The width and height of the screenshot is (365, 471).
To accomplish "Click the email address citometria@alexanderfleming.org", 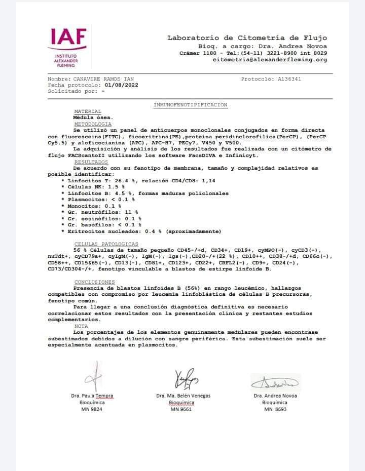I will tap(270, 60).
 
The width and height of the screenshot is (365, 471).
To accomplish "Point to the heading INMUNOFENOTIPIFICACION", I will tap(190, 105).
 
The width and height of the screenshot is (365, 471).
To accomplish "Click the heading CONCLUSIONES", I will tap(94, 282).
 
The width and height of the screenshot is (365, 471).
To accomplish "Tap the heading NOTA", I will tap(81, 326).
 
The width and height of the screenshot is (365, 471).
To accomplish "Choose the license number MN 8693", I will tap(275, 409).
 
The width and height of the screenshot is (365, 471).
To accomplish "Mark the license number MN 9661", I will tap(181, 409).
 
